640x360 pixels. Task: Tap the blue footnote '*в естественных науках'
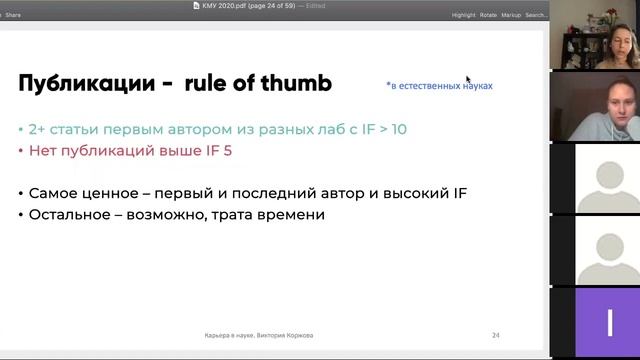439,86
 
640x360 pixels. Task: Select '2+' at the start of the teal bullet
40,129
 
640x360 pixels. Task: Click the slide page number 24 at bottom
495,335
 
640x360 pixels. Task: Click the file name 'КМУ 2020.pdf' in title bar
224,5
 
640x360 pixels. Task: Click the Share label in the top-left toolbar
13,15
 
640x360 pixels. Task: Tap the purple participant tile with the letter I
609,322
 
